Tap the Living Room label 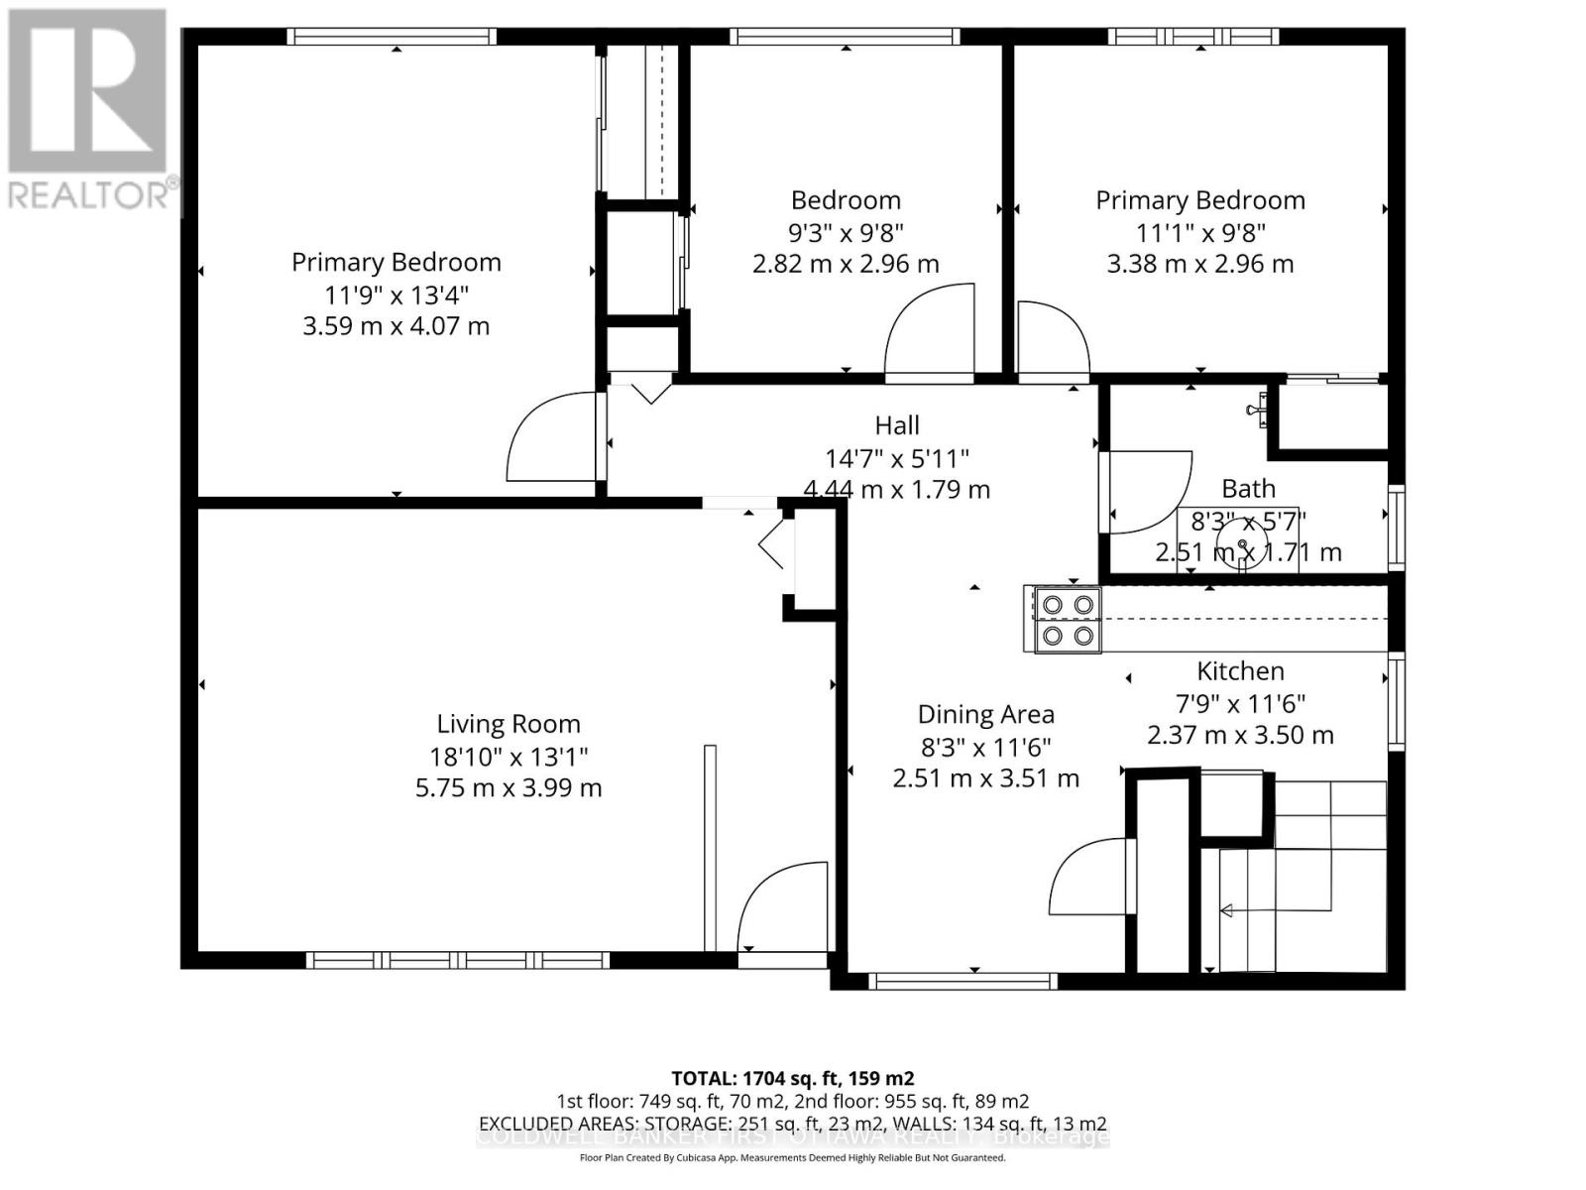509,724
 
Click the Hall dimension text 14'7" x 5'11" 896,458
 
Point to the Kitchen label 1240,671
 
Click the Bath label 1248,489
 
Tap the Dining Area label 985,714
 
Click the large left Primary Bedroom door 553,438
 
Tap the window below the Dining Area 963,982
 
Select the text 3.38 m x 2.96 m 1199,264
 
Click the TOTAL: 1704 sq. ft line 792,1078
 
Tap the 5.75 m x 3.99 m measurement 509,788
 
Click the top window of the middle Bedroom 845,37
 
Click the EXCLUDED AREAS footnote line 792,1124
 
